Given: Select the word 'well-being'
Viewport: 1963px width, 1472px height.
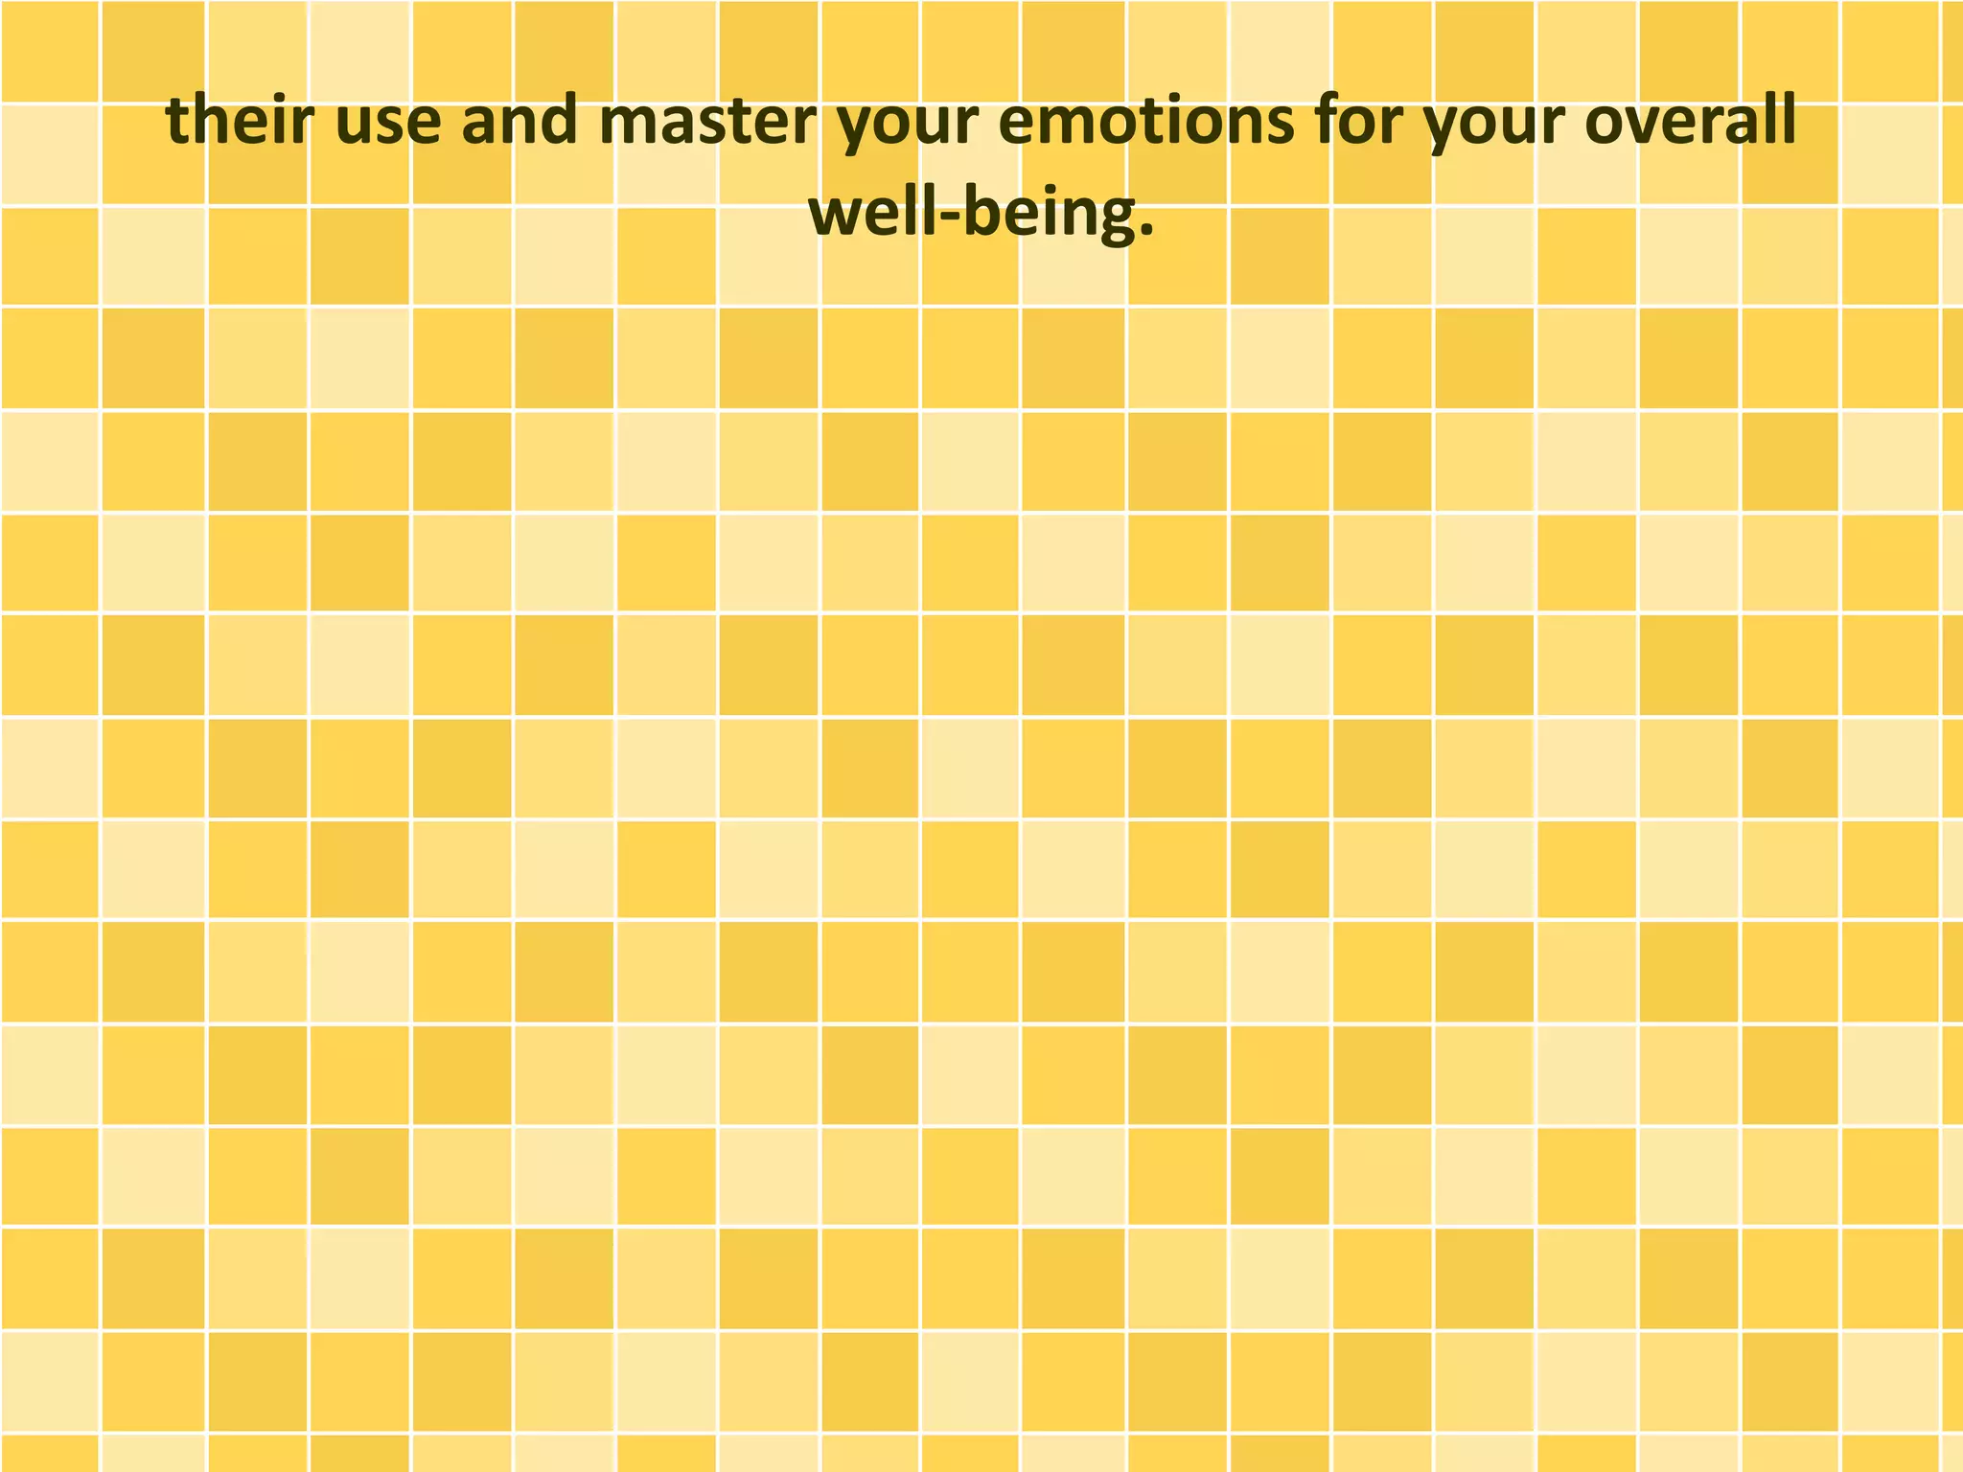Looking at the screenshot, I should (973, 214).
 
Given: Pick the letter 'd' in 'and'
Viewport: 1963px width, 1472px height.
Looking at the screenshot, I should (559, 122).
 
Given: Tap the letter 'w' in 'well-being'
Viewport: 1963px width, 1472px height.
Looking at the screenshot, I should (835, 218).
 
